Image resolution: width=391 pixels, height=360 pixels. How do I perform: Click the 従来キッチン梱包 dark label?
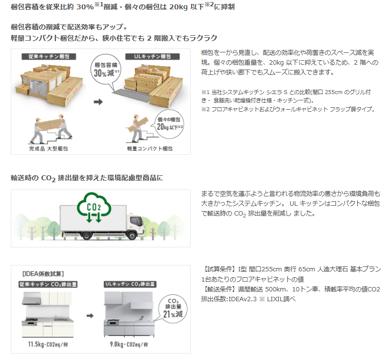click(49, 57)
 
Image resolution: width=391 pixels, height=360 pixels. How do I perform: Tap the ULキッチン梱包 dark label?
click(152, 57)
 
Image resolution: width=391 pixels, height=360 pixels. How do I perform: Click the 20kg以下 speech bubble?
click(170, 124)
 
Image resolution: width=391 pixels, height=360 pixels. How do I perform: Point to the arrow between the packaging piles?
click(98, 102)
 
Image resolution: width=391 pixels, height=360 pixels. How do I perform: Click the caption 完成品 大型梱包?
click(49, 148)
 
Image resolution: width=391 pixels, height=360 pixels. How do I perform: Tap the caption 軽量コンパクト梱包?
click(149, 148)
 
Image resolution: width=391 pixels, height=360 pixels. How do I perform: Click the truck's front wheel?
click(131, 235)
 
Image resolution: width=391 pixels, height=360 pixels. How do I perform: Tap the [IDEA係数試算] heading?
click(43, 274)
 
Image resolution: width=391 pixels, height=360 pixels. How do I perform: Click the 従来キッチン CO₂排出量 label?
click(48, 284)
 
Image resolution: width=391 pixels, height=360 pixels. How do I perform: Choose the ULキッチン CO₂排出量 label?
click(130, 284)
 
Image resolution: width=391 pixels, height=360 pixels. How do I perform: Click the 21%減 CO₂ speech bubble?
click(172, 309)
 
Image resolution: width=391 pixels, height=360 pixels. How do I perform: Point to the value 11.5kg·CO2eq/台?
click(48, 344)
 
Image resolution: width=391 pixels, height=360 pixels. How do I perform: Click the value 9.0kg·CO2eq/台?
click(129, 344)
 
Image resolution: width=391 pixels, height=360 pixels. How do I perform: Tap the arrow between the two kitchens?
click(90, 315)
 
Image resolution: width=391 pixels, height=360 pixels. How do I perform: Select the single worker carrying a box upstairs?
click(138, 128)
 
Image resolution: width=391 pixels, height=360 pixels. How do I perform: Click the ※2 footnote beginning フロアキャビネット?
click(288, 109)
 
